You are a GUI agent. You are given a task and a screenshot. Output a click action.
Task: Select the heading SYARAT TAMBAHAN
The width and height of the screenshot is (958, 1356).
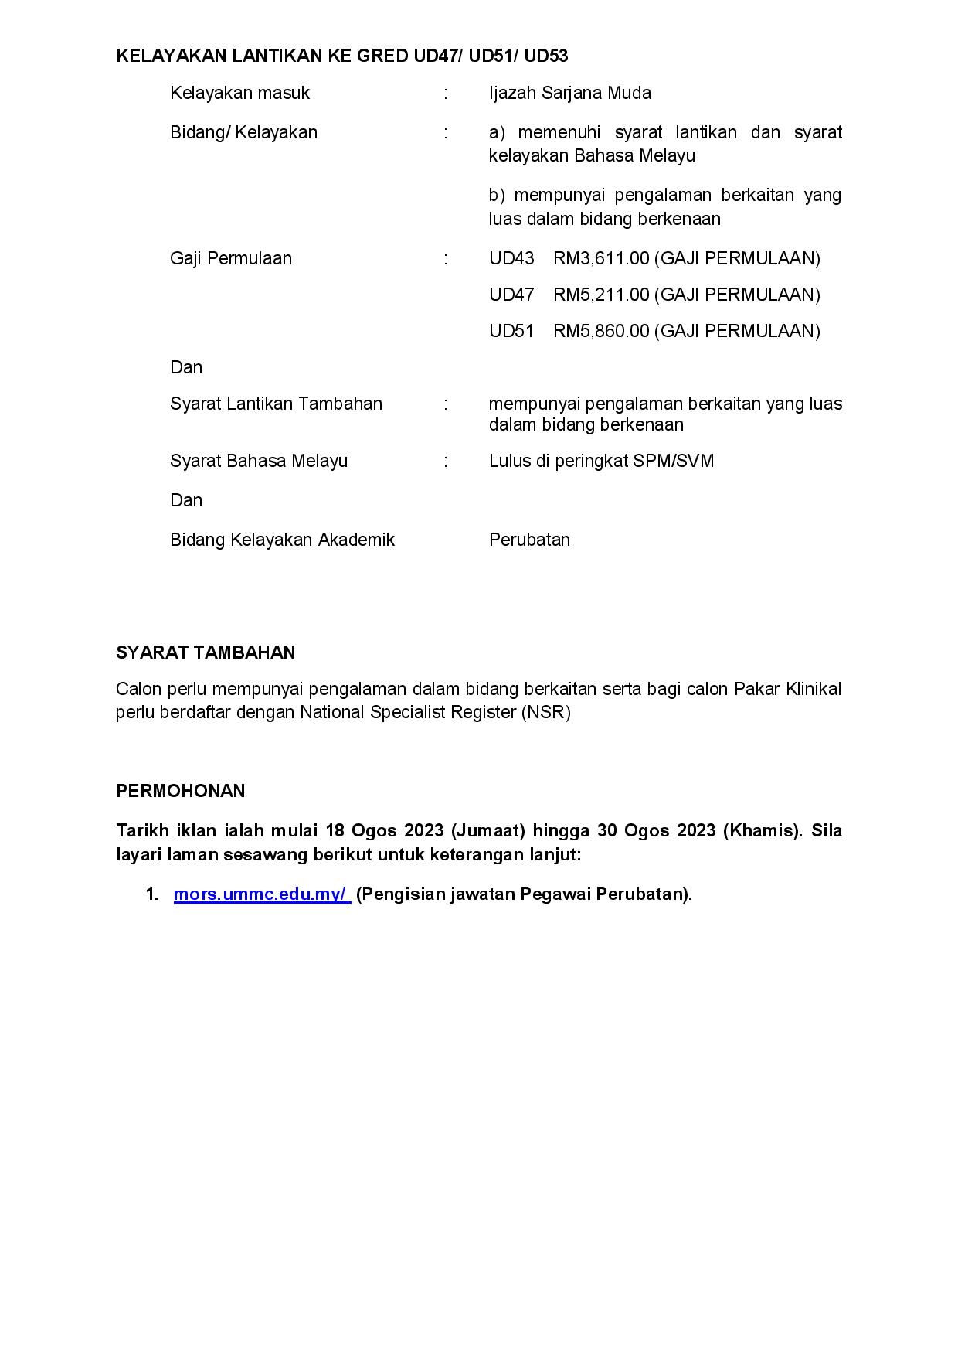click(206, 652)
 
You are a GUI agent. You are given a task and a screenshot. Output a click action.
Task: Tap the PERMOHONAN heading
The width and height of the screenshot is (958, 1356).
click(180, 791)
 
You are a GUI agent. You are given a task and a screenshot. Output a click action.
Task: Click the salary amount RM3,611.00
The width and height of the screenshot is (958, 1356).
click(601, 258)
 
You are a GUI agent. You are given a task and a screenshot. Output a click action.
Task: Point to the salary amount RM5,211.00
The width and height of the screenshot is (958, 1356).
click(601, 295)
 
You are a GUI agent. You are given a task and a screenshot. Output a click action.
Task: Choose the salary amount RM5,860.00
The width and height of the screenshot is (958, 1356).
click(601, 331)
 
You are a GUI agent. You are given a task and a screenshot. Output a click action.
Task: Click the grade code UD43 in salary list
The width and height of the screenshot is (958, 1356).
click(511, 258)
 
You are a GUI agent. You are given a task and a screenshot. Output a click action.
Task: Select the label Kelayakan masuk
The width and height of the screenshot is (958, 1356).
click(239, 94)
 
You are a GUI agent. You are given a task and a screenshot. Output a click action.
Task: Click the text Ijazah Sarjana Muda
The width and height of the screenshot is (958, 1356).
click(569, 94)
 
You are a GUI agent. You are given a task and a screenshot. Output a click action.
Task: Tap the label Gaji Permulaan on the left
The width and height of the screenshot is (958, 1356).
click(231, 258)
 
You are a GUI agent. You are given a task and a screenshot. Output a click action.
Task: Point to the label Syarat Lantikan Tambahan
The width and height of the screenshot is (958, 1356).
click(276, 404)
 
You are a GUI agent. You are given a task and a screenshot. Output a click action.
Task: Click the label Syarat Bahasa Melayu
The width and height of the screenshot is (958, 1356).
click(259, 462)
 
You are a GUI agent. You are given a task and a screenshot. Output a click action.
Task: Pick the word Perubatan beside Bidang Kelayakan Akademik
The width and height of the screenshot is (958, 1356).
click(529, 540)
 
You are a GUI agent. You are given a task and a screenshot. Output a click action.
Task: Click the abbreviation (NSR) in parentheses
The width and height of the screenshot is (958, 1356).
click(545, 713)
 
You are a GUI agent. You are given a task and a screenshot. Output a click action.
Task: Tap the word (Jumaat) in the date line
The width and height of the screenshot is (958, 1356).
click(488, 831)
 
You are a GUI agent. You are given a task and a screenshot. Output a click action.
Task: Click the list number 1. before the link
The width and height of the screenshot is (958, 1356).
click(152, 894)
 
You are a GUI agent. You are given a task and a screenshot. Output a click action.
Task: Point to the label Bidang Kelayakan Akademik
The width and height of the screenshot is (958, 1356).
click(282, 540)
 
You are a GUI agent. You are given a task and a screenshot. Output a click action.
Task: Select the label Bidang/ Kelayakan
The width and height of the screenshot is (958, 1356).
click(243, 133)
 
